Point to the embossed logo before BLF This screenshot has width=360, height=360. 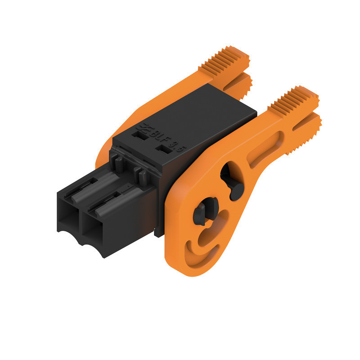point(146,128)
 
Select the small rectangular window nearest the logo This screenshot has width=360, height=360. point(139,133)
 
